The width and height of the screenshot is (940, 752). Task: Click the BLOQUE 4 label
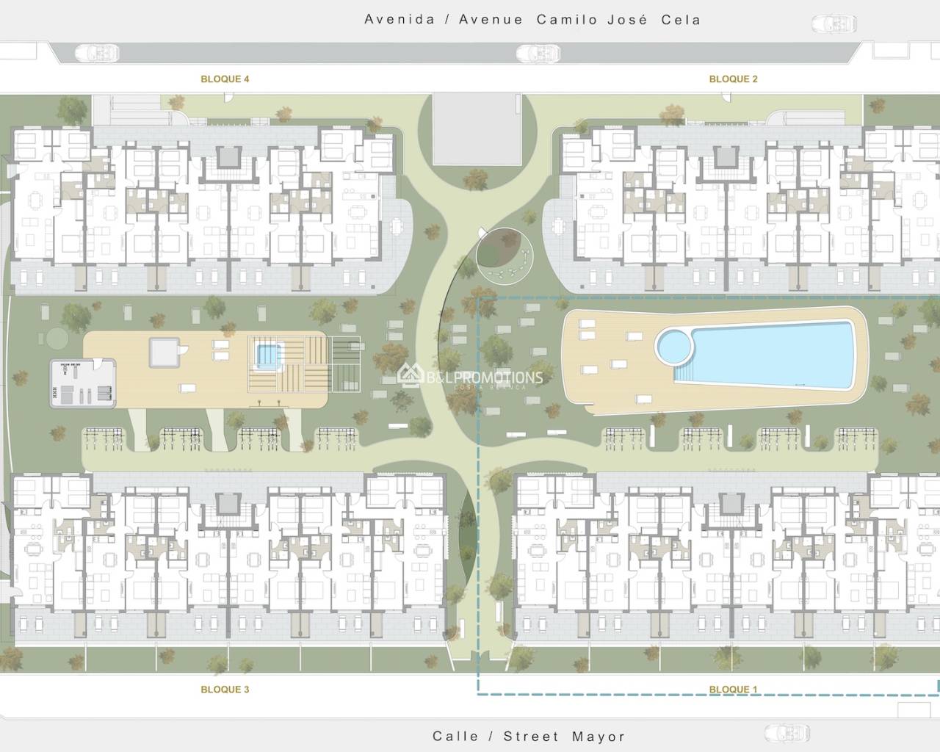225,79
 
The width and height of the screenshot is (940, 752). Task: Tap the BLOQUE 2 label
733,79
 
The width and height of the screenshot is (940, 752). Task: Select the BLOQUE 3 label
225,689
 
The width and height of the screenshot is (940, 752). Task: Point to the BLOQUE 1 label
733,689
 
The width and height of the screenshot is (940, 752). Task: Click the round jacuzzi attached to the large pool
674,347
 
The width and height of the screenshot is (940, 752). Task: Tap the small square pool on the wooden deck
268,357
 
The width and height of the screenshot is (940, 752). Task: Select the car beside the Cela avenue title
834,23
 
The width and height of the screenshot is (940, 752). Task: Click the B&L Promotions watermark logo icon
410,375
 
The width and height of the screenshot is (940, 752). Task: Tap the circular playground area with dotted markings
505,256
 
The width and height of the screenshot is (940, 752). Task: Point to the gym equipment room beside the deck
82,383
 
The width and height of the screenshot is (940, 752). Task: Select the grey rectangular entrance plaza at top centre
477,129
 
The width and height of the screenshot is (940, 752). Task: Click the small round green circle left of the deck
57,339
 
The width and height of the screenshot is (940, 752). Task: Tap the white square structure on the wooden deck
164,352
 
